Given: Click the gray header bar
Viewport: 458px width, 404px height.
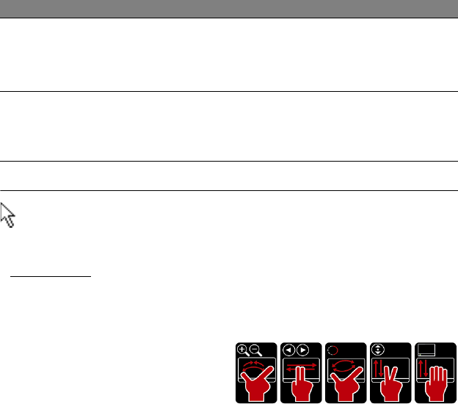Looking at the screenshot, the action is coord(229,9).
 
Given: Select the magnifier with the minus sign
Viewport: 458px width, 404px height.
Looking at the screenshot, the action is coord(255,350).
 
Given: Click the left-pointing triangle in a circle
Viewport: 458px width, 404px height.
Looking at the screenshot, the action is coord(288,350).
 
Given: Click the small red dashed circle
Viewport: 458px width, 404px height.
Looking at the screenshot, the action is coord(332,350).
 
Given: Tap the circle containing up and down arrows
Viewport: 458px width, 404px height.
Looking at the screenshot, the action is coord(379,350).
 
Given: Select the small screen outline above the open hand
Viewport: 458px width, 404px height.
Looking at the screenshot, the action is coord(424,350).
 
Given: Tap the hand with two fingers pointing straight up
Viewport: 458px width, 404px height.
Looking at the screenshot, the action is coord(299,383).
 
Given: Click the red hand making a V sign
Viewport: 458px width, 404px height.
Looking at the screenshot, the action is coord(389,383).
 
